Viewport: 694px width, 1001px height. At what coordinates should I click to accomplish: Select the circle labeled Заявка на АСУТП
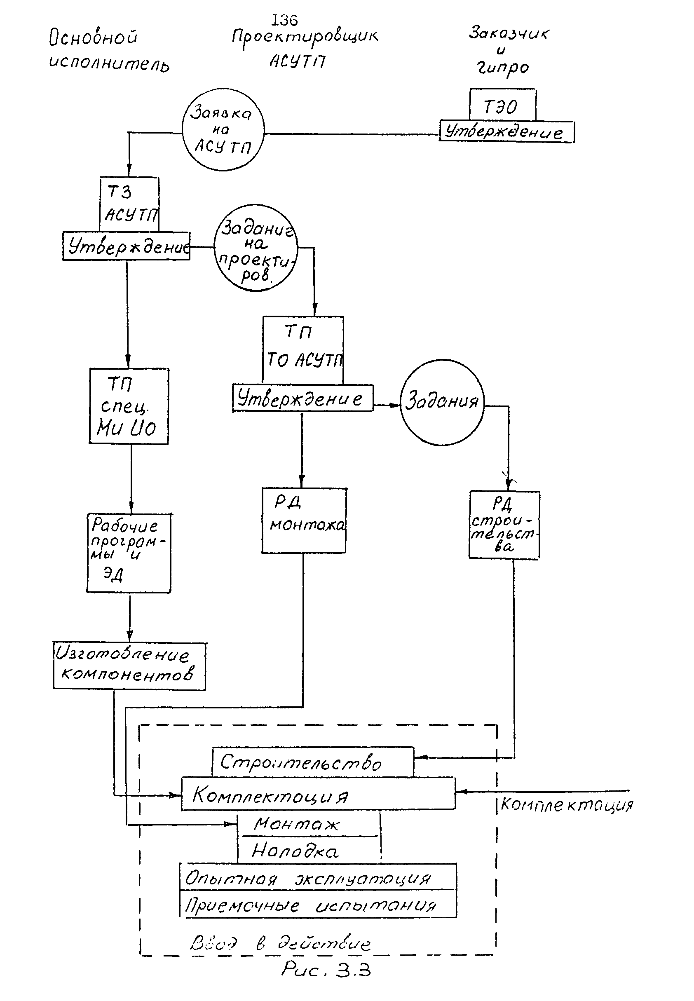(x=223, y=129)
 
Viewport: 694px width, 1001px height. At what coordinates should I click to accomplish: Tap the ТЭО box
(x=502, y=105)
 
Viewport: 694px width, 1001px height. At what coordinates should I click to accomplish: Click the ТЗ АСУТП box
(x=129, y=204)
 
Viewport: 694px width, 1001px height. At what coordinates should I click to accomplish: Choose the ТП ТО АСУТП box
(x=303, y=350)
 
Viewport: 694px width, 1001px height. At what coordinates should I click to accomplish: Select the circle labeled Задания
(x=442, y=402)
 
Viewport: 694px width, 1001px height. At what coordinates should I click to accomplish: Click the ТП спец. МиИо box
(x=128, y=406)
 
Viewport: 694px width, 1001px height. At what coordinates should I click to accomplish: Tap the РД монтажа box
(x=304, y=520)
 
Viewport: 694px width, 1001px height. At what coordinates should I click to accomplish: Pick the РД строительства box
(x=504, y=525)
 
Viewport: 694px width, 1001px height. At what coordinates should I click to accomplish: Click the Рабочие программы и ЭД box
(x=129, y=553)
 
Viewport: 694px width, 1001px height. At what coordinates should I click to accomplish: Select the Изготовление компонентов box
(x=129, y=666)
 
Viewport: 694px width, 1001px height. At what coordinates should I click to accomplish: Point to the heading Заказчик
(x=509, y=33)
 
